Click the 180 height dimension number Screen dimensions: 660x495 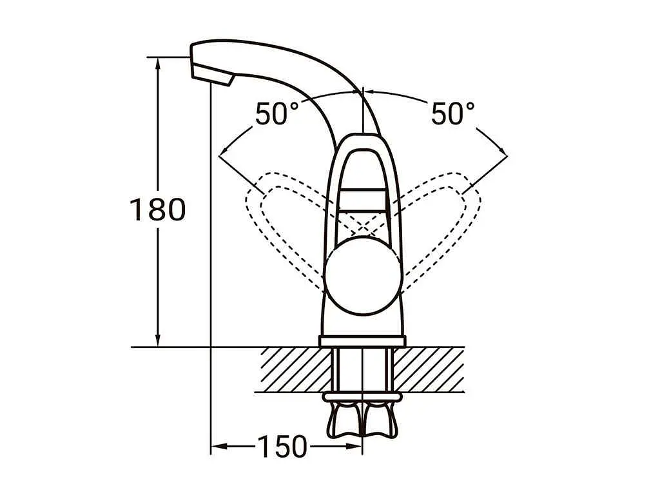tap(157, 209)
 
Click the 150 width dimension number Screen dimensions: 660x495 tap(282, 446)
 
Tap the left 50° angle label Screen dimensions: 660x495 tap(277, 113)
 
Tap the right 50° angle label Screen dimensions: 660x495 tap(453, 113)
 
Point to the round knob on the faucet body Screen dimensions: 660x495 tap(362, 275)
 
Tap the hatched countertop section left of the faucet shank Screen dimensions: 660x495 tap(295, 369)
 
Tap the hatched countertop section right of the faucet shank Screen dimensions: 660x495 tap(429, 369)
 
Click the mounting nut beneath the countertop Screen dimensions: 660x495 tap(362, 420)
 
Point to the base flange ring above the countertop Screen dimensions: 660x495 tap(362, 342)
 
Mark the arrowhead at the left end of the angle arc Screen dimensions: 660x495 tap(224, 151)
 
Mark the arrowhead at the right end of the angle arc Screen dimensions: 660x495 tap(501, 151)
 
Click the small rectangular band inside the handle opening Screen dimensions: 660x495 tap(362, 200)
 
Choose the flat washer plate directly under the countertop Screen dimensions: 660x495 tap(362, 396)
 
